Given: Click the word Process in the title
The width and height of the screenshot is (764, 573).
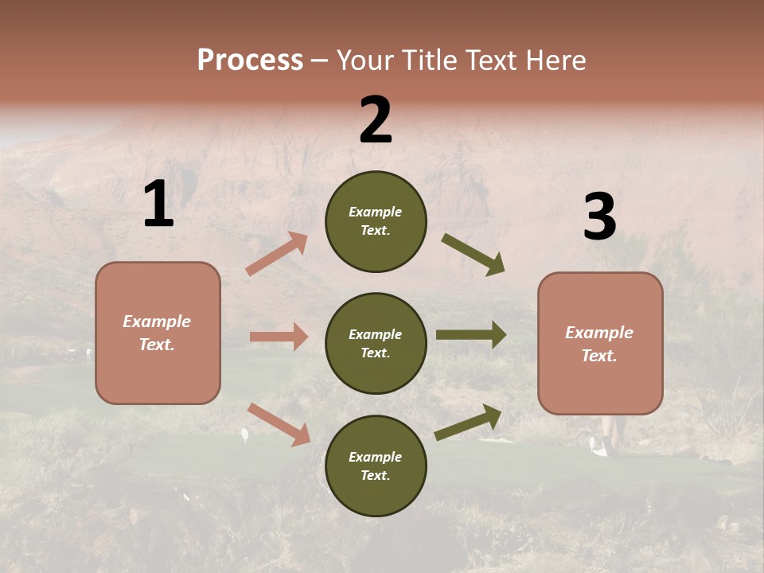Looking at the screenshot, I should [250, 60].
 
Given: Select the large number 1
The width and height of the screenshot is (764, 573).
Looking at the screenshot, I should [158, 205].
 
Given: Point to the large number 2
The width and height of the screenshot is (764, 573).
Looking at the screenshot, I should [376, 120].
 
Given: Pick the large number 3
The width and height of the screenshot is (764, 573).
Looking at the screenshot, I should [599, 217].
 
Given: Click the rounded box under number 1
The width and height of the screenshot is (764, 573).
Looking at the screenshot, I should [158, 333].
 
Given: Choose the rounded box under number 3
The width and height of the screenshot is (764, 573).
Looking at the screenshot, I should [600, 343].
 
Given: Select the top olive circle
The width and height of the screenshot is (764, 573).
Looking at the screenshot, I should [376, 221].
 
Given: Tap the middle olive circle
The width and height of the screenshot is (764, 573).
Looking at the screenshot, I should [376, 343].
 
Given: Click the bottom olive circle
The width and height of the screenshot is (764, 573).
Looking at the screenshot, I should [376, 466].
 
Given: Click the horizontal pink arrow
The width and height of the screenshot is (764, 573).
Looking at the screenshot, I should [279, 337].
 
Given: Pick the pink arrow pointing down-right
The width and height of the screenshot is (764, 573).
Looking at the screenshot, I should [279, 424].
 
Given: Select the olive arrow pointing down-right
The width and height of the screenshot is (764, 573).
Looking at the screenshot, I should [473, 255].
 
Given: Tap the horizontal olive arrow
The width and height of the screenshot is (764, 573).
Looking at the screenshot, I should [471, 335].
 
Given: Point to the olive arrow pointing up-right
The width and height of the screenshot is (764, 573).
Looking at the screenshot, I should [468, 423].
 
